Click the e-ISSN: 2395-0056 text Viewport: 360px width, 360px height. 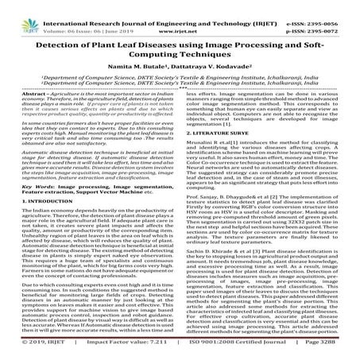pyautogui.click(x=328, y=7)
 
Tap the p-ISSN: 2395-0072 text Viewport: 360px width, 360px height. pyautogui.click(x=328, y=16)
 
